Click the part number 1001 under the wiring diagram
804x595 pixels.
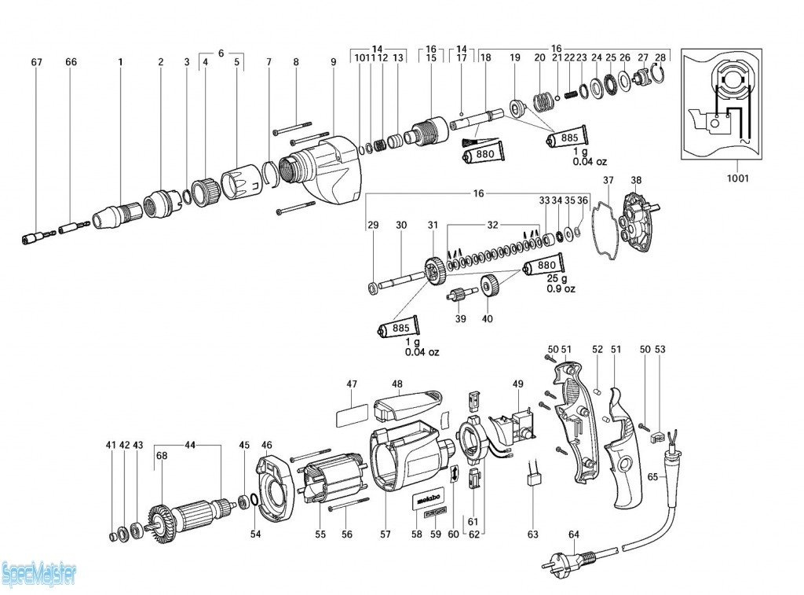(x=737, y=178)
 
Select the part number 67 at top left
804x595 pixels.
(x=36, y=61)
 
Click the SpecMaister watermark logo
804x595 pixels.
(x=38, y=575)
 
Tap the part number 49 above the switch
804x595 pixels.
(x=517, y=384)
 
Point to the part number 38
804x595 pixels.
(x=636, y=180)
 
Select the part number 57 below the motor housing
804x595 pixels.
(x=386, y=534)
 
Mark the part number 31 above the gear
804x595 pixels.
(x=433, y=226)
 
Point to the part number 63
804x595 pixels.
(x=533, y=534)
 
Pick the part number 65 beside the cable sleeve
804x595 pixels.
(x=652, y=476)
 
